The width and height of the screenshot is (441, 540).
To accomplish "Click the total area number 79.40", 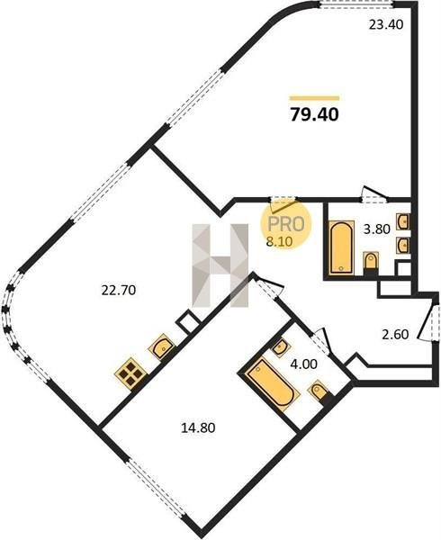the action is coord(315,114).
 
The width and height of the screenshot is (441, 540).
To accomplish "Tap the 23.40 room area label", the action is coord(385,25).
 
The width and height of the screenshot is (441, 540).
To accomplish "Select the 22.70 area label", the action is coord(119,291).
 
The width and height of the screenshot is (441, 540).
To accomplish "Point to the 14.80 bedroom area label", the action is coord(198,427).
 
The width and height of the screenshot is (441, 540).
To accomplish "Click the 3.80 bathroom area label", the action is coord(376,229).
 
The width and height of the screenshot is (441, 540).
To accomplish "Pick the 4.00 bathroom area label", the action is coord(304,364).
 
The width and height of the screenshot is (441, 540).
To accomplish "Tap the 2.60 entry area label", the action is coord(396,334).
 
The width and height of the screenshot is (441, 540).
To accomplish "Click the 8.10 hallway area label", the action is coord(280,242).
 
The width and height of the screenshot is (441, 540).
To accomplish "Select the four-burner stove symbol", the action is coord(130,373).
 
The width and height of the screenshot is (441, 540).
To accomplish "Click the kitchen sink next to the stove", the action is coord(162,346).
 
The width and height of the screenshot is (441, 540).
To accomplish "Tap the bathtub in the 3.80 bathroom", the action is coord(341,247).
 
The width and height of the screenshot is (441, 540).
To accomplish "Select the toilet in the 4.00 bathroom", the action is coord(319,391).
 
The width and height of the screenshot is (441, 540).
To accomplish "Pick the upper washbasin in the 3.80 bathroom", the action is coord(403,221).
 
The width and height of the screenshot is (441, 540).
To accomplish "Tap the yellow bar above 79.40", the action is coord(315,98).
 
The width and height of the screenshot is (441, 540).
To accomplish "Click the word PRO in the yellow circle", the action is coord(286,224).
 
